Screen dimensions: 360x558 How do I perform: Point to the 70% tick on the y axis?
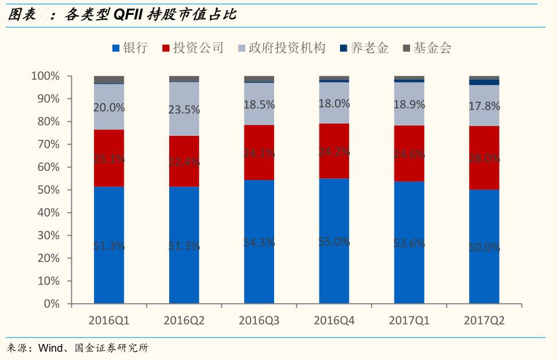pyautogui.click(x=45, y=144)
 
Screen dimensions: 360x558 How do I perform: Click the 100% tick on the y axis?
pyautogui.click(x=44, y=76)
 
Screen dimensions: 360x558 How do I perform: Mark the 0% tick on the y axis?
pyautogui.click(x=50, y=304)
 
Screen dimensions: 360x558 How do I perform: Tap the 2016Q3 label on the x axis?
pyautogui.click(x=259, y=321)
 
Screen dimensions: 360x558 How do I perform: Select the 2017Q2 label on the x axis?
pyautogui.click(x=484, y=321)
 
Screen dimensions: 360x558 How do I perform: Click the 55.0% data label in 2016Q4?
pyautogui.click(x=334, y=242)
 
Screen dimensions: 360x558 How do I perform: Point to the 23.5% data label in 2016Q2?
pyautogui.click(x=184, y=110)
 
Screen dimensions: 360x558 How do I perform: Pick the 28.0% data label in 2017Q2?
pyautogui.click(x=484, y=158)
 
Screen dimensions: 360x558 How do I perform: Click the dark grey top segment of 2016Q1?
pyautogui.click(x=109, y=80)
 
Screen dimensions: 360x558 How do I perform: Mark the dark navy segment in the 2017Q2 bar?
pyautogui.click(x=484, y=82)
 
